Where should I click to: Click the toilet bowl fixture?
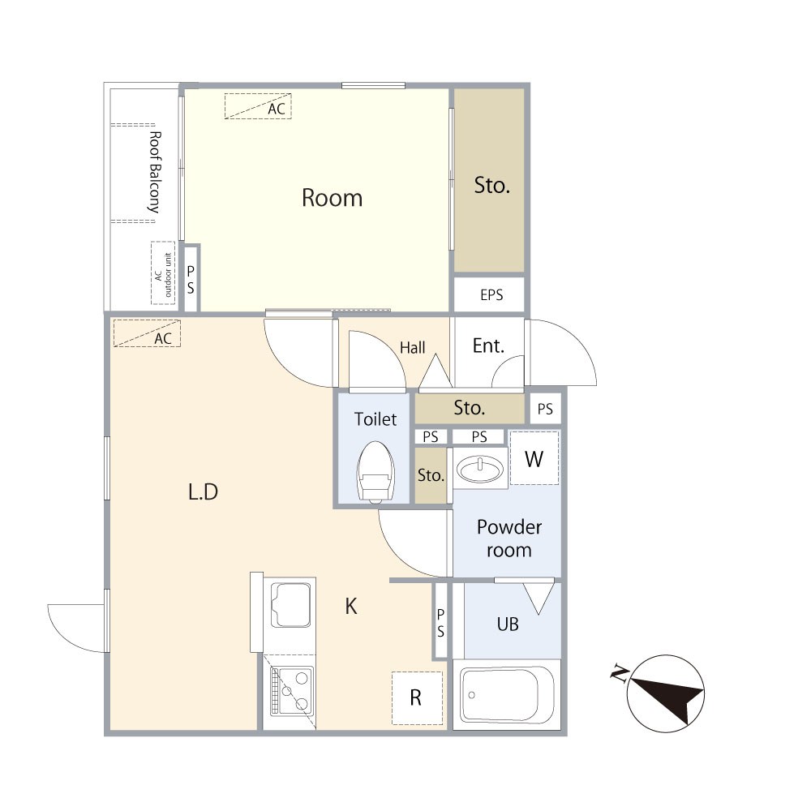pyautogui.click(x=376, y=472)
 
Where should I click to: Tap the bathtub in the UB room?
pyautogui.click(x=507, y=695)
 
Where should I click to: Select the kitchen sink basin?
pyautogui.click(x=290, y=605)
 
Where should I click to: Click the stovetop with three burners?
pyautogui.click(x=292, y=691)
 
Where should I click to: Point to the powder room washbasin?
pyautogui.click(x=480, y=469)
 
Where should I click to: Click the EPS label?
pyautogui.click(x=491, y=295)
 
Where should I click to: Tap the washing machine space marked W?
pyautogui.click(x=534, y=458)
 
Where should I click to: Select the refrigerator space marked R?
pyautogui.click(x=417, y=697)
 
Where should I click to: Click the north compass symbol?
pyautogui.click(x=665, y=693)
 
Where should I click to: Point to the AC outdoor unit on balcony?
pyautogui.click(x=163, y=272)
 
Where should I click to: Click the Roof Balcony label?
pyautogui.click(x=154, y=172)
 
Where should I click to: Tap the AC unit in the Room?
pyautogui.click(x=258, y=106)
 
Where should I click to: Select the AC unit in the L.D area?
pyautogui.click(x=147, y=333)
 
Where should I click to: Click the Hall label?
pyautogui.click(x=412, y=348)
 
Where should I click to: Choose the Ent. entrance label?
pyautogui.click(x=488, y=345)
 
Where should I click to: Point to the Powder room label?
pyautogui.click(x=509, y=538)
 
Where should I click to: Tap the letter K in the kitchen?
pyautogui.click(x=351, y=606)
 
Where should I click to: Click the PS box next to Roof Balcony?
pyautogui.click(x=191, y=279)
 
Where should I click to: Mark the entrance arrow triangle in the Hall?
pyautogui.click(x=436, y=371)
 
